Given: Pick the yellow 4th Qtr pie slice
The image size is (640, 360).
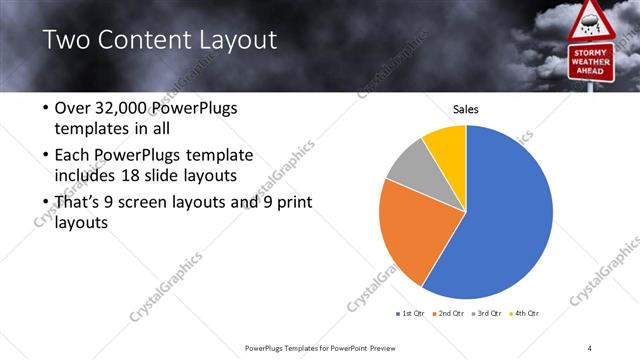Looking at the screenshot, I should [x=446, y=144].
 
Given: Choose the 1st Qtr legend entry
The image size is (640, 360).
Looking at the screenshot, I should [x=409, y=314].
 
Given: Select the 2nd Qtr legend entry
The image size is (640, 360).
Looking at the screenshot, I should [x=450, y=314].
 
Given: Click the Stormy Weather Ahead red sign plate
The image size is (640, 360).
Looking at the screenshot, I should [x=590, y=63].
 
